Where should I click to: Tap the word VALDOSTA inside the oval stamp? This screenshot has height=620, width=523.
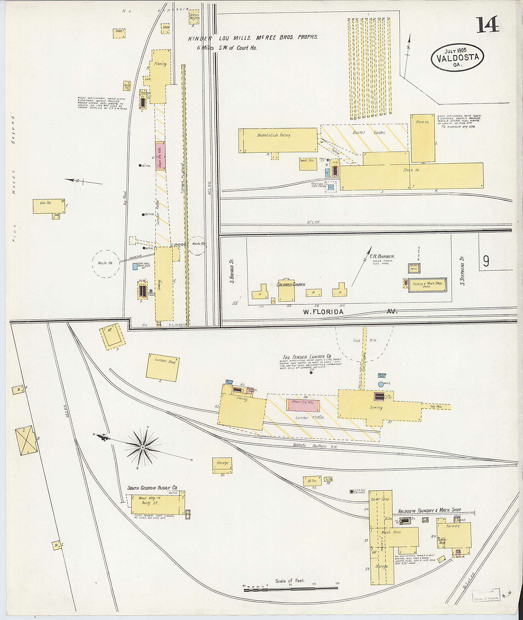pos(457,57)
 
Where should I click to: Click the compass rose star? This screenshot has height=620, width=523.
pos(143,447)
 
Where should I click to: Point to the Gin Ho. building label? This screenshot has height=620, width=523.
pos(46,203)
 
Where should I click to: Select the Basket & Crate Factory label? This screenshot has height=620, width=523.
pos(274,135)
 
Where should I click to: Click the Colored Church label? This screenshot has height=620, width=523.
pos(291,285)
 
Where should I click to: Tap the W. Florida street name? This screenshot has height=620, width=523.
pos(323,311)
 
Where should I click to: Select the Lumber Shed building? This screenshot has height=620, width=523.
pos(162,366)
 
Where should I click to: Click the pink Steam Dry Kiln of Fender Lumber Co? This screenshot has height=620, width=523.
pos(303,405)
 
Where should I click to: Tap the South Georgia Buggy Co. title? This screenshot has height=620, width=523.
pos(152,487)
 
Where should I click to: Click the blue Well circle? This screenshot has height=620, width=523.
pos(381,384)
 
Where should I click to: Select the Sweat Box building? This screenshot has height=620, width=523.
pos(308,164)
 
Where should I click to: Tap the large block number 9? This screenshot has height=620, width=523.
pos(486,261)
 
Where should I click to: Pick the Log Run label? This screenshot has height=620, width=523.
pos(436,407)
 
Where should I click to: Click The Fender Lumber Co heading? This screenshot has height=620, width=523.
pos(307,357)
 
